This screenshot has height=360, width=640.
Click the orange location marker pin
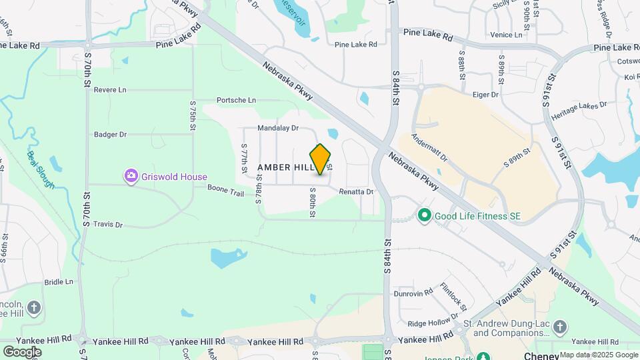[x=321, y=159]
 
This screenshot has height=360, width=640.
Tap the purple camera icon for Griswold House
[x=131, y=176]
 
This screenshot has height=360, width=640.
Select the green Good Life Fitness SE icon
[x=424, y=216]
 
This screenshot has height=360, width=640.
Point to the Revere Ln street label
[x=110, y=90]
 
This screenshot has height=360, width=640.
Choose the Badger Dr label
[x=110, y=134]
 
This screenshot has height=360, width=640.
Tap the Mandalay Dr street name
[x=278, y=127]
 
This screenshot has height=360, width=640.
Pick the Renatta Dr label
[x=356, y=192]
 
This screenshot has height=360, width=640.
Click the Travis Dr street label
[x=108, y=225]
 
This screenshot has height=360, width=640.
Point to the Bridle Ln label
[x=59, y=282]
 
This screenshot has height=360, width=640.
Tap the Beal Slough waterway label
[x=41, y=169]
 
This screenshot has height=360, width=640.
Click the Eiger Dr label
[x=485, y=95]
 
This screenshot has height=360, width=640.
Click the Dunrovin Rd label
[x=413, y=293]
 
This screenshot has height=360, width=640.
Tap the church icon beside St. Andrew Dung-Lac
[x=560, y=327]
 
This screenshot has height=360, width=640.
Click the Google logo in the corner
[x=22, y=351]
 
